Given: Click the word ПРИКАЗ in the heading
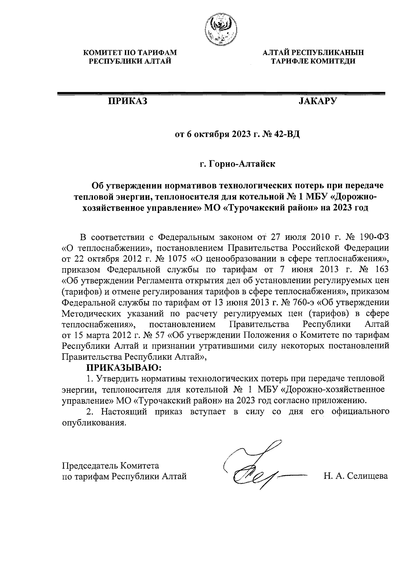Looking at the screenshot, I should (x=128, y=101).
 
